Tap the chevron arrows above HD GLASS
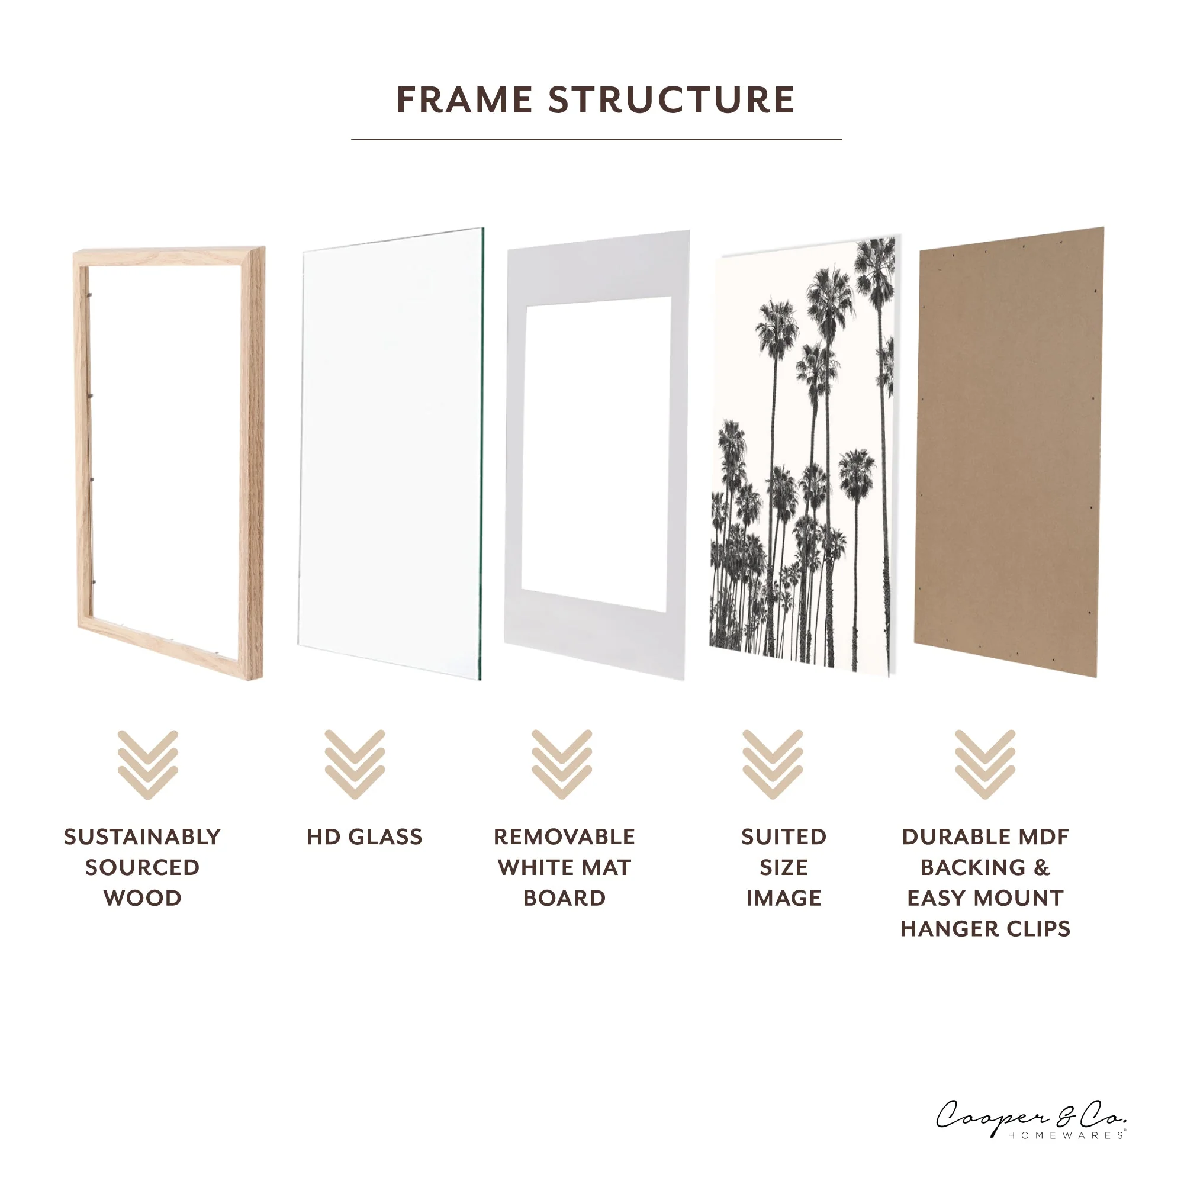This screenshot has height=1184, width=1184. pos(355,764)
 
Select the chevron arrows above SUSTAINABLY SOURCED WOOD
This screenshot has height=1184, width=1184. pos(147,764)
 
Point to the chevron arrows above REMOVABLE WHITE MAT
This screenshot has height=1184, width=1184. pos(561,764)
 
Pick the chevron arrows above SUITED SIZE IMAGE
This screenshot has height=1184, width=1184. pos(772,764)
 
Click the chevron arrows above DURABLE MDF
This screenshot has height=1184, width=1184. pos(985,764)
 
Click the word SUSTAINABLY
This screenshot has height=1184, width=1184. pos(142,837)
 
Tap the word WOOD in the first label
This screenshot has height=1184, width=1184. pos(142,899)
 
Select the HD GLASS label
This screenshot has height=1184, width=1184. pos(364,837)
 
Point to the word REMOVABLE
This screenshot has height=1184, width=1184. pos(564,837)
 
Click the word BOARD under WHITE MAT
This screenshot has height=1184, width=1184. pos(564,899)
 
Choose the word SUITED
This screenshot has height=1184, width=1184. pos(783,837)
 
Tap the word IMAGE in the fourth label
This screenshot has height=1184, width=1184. pos(783,899)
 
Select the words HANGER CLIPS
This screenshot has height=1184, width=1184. pos(985,929)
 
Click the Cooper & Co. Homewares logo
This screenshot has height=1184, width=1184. pos(1031,1119)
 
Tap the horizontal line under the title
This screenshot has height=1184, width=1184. pos(596,139)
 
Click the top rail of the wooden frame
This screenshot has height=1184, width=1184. pos(169,256)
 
